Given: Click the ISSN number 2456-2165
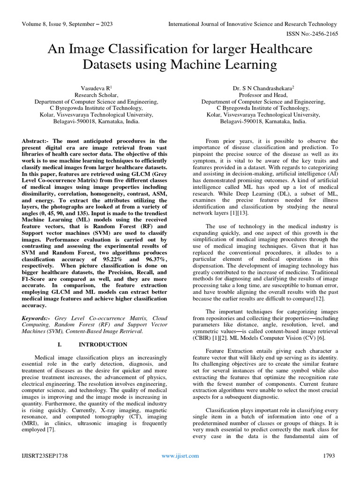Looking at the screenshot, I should [322, 35].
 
